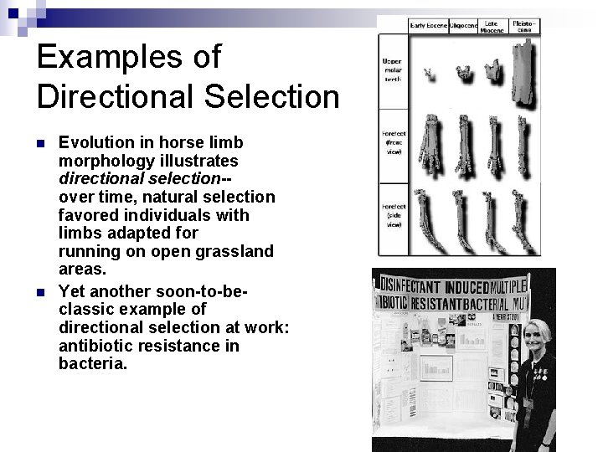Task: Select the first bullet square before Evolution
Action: click(x=42, y=143)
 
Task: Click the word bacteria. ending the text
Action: click(x=93, y=364)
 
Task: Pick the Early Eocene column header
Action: click(x=428, y=26)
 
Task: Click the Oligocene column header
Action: click(x=464, y=26)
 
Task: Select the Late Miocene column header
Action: click(x=492, y=27)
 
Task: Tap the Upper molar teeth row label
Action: click(x=392, y=70)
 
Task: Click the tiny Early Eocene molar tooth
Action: click(x=430, y=74)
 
